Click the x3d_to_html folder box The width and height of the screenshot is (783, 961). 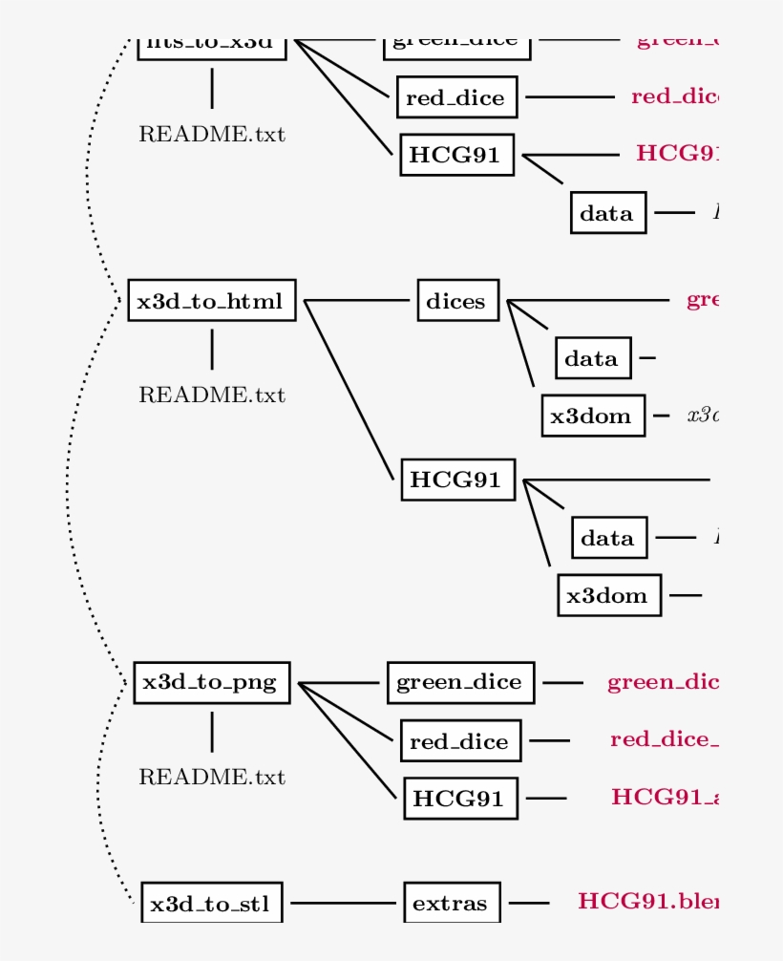(211, 301)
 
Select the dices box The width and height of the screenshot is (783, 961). (456, 301)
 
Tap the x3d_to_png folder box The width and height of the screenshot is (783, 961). (211, 682)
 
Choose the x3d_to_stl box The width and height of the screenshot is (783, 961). (212, 903)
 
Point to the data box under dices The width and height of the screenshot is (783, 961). (592, 358)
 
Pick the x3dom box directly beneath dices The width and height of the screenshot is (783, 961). (593, 416)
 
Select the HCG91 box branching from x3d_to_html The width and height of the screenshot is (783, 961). (457, 480)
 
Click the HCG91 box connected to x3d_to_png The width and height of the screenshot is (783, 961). (460, 798)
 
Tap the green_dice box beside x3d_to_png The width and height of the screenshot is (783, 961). (460, 682)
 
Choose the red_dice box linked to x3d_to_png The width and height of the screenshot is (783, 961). (460, 740)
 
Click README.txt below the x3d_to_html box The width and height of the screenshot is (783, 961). (211, 395)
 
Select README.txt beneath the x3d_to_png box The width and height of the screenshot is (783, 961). (211, 777)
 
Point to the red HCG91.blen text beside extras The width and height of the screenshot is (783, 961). (647, 901)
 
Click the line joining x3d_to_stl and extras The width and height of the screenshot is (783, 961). (343, 903)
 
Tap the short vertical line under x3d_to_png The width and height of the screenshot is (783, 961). (211, 731)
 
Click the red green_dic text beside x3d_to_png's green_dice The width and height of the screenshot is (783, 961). (662, 682)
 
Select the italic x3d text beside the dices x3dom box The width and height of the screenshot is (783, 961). (702, 416)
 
